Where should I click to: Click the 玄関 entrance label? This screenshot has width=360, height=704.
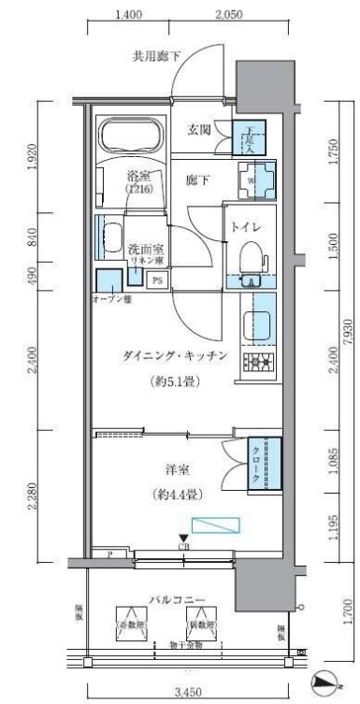(198, 130)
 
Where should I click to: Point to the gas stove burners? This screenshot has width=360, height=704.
(257, 363)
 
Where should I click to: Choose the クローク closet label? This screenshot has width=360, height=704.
(254, 466)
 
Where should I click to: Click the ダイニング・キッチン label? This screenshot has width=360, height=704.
(175, 355)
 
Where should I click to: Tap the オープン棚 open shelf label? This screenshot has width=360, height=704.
(110, 299)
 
